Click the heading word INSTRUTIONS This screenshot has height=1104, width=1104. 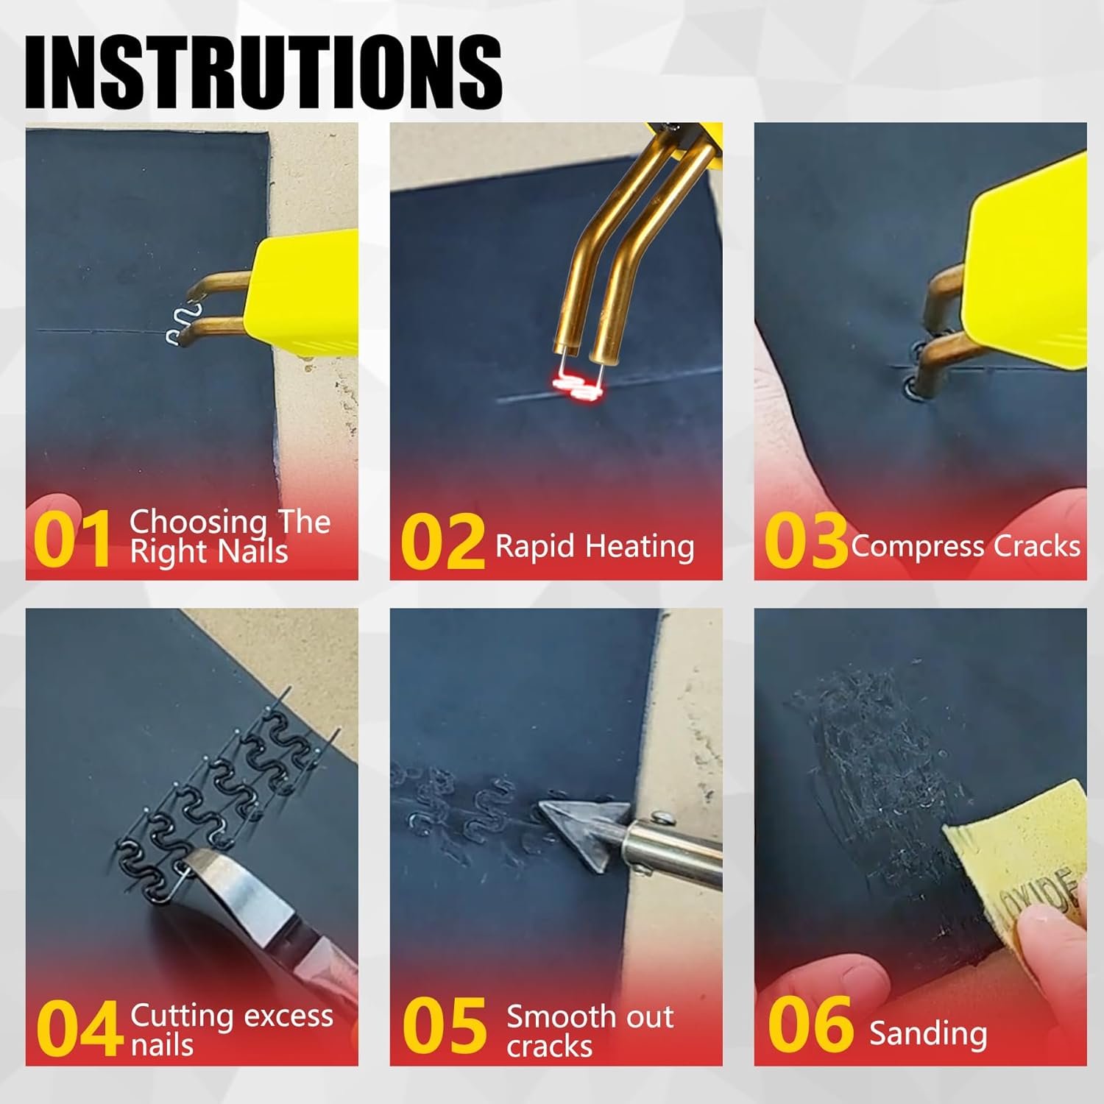point(263,74)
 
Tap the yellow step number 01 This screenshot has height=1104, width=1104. point(71,539)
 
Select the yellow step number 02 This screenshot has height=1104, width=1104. point(442,543)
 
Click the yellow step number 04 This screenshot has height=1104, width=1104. point(79,1029)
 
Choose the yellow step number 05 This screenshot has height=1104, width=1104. point(445,1026)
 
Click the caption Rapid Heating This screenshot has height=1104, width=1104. point(595,547)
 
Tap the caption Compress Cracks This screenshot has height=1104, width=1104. point(966,547)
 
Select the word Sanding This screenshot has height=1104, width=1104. point(928,1033)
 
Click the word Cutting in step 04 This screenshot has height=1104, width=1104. point(182,1016)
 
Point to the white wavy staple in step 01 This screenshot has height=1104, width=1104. point(178,324)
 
